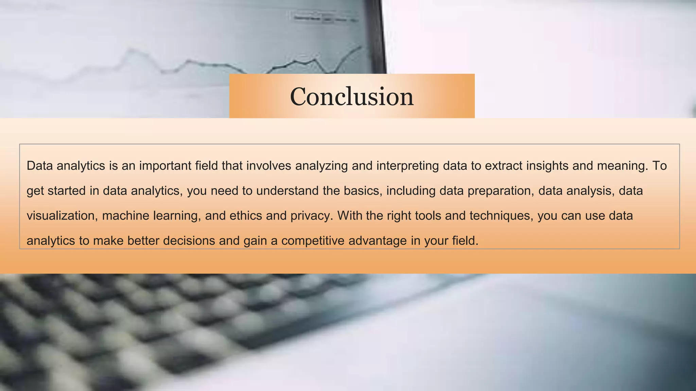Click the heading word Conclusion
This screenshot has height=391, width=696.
pyautogui.click(x=352, y=97)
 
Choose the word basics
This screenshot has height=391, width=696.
pyautogui.click(x=361, y=191)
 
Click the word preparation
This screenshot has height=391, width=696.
pyautogui.click(x=499, y=191)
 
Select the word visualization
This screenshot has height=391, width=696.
pyautogui.click(x=62, y=216)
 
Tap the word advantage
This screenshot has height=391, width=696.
pyautogui.click(x=378, y=241)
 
